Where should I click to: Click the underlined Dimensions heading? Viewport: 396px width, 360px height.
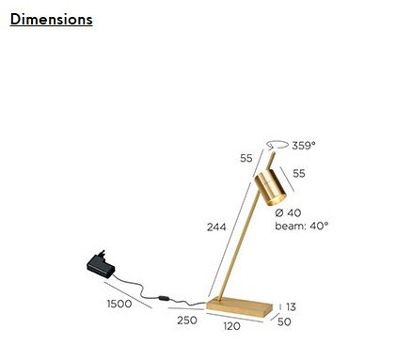point(51,20)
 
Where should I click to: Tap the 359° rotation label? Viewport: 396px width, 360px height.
point(304,146)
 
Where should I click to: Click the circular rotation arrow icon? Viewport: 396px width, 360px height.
point(277,145)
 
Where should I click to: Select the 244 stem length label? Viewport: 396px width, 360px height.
point(216,227)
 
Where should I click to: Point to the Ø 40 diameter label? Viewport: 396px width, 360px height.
point(288,212)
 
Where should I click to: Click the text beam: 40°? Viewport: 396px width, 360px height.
point(302,226)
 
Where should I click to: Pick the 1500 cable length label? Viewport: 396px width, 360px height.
point(119,304)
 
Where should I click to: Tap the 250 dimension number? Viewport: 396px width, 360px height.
point(187,321)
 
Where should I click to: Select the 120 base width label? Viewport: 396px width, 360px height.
point(232,326)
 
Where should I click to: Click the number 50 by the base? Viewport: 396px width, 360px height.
point(284,321)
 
